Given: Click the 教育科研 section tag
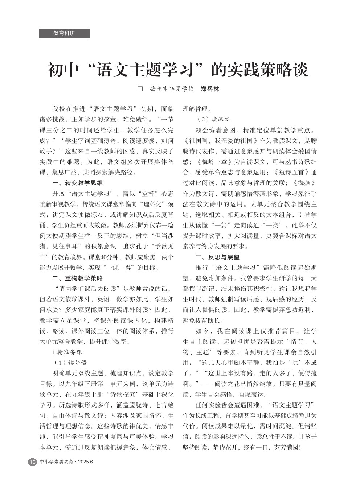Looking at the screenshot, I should click(64, 33).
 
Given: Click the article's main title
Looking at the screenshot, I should click(178, 70).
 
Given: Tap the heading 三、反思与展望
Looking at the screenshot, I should click(218, 257).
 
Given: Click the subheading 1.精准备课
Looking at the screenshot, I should click(67, 352).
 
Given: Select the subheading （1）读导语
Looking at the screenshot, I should click(70, 363).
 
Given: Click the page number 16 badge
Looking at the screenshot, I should click(33, 462).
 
